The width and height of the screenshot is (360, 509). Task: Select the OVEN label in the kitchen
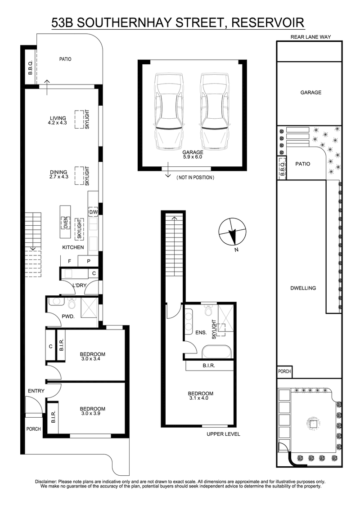point(65,222)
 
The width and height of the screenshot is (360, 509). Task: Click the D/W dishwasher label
point(94,212)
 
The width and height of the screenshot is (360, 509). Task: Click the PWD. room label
point(68,317)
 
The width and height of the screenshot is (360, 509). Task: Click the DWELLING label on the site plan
point(309,288)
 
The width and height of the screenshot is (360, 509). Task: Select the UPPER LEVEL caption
point(223,434)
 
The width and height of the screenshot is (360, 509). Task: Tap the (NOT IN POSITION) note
point(195,178)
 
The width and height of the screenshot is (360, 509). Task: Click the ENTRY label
point(36,391)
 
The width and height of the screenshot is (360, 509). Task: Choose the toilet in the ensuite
point(208,310)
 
